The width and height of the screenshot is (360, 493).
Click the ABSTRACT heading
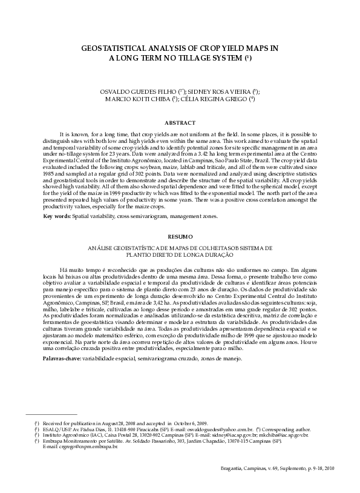pos(180,122)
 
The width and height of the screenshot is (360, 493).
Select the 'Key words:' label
pos(57,216)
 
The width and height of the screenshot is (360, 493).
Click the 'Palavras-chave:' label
pos(62,359)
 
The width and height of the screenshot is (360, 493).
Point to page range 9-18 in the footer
pos(303,468)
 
